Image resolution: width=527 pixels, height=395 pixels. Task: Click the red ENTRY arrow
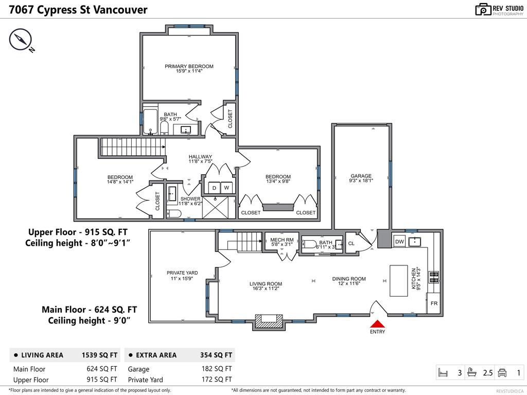coord(377,324)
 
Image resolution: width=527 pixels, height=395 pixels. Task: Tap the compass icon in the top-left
coord(21,40)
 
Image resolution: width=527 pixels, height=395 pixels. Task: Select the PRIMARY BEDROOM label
coord(189,68)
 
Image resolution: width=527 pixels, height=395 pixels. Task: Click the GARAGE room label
coord(361,178)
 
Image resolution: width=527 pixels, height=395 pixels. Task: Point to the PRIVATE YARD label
coord(182,276)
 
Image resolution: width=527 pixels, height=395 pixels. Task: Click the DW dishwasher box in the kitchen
coord(399,242)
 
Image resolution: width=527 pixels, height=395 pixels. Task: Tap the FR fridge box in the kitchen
coord(434,303)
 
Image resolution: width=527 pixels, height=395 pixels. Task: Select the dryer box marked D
coord(214,188)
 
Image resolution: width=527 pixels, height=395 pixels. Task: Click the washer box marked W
coord(226,188)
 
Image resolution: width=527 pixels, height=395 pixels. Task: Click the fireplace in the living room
coord(270,321)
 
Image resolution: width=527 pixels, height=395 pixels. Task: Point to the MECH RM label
coord(282,242)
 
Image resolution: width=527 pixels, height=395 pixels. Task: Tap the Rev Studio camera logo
coord(483,9)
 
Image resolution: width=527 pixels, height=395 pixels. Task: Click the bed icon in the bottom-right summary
coord(443,372)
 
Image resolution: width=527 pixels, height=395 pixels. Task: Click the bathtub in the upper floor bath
coord(151,122)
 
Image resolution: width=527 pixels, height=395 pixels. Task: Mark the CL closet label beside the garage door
coord(352,243)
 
